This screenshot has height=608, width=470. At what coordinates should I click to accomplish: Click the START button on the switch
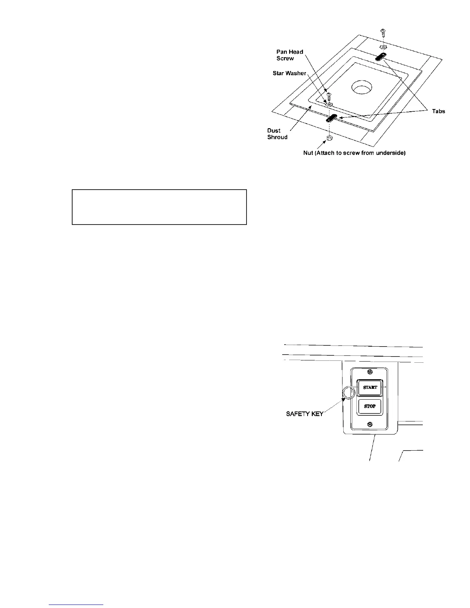point(370,387)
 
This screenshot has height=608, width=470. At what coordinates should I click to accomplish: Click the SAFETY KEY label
point(305,414)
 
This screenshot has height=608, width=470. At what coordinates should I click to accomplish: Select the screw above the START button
point(370,372)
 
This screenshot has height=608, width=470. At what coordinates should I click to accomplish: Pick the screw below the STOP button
point(370,424)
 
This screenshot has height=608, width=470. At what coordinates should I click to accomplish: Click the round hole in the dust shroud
point(361,88)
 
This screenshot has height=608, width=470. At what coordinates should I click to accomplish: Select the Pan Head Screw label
point(290,55)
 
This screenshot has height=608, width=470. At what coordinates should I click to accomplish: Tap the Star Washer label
point(290,73)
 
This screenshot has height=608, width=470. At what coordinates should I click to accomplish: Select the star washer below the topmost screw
point(383,47)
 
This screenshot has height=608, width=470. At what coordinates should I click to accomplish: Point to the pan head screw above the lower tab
point(329,95)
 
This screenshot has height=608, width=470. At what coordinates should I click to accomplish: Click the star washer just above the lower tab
point(329,104)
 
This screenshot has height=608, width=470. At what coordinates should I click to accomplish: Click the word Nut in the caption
point(309,153)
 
